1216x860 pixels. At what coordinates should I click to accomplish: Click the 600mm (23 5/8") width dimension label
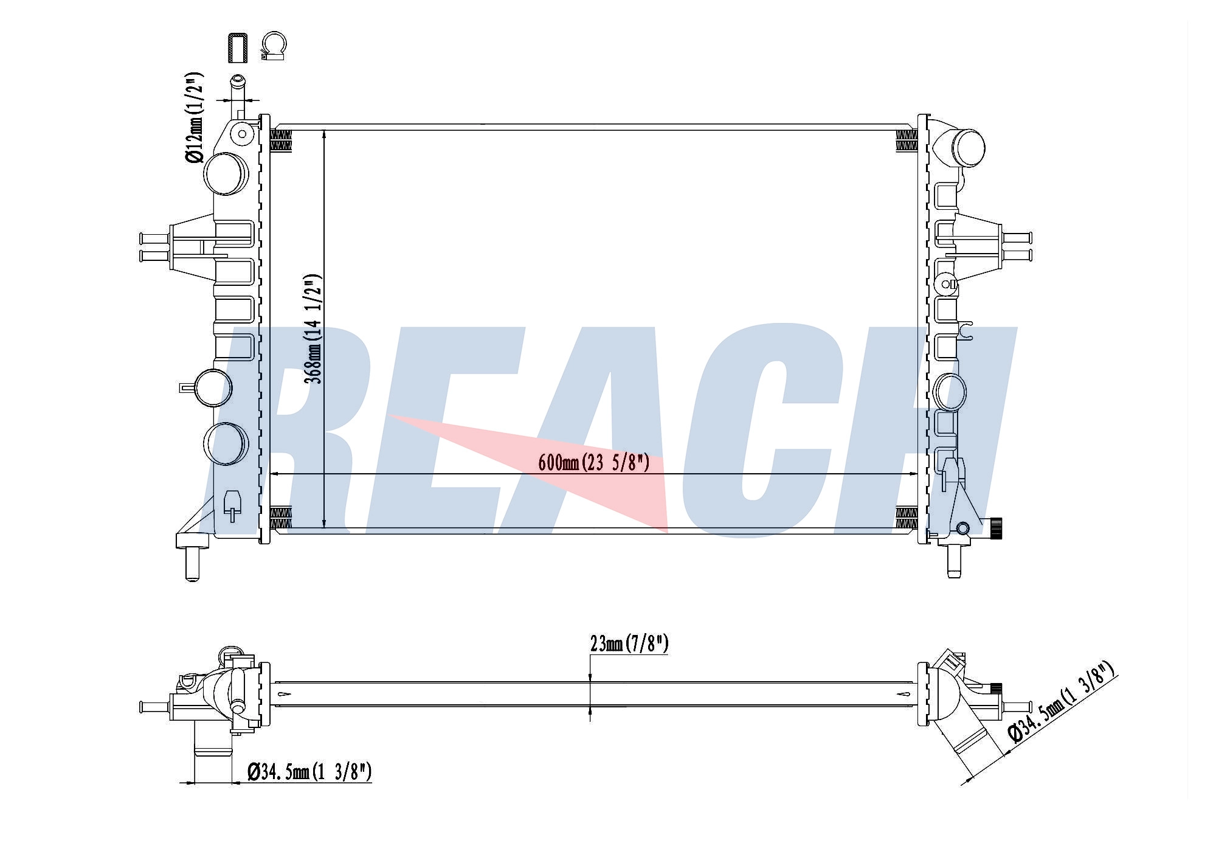coord(593,463)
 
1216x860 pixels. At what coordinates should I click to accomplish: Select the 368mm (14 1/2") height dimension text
coord(314,328)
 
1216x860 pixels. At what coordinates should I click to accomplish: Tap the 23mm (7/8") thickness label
coord(629,643)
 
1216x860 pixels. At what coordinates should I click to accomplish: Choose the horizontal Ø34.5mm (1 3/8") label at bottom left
coord(309,772)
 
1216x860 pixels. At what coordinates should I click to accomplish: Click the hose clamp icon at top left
coord(274,46)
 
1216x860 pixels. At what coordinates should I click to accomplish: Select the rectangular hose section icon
coord(237,47)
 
